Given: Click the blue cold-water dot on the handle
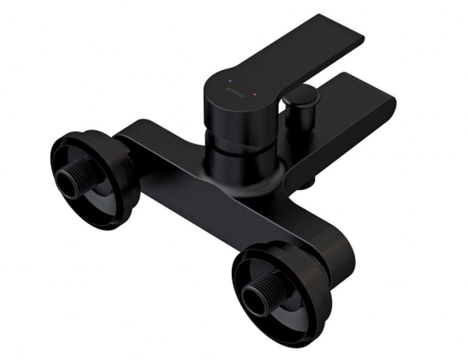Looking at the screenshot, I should click(229, 77).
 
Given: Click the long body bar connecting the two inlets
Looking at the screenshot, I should click(197, 187).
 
